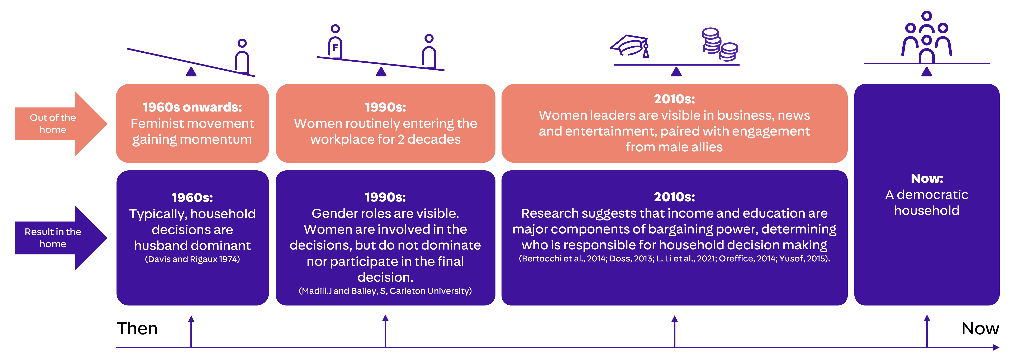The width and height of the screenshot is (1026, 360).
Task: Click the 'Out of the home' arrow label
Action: (x=53, y=123)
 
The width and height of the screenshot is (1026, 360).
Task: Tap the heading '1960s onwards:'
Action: (x=192, y=107)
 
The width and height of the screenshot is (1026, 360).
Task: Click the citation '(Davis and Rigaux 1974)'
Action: (x=192, y=259)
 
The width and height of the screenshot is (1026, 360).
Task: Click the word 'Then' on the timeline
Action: (x=137, y=328)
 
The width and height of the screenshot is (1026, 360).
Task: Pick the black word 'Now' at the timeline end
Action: (x=980, y=328)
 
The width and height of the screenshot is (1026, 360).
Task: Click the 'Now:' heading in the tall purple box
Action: (x=927, y=178)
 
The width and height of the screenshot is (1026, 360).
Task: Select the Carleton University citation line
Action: (x=385, y=291)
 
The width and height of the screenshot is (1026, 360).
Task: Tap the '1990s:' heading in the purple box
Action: (x=385, y=197)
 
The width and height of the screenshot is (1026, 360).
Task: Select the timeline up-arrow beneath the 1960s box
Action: (x=191, y=331)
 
